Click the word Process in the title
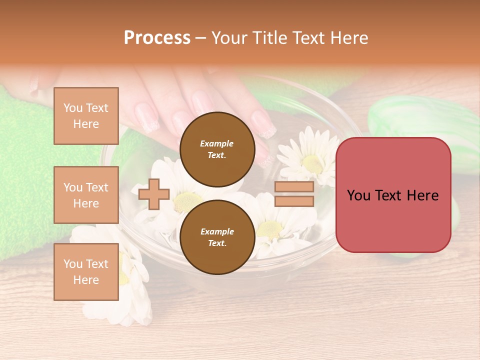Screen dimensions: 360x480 [x=157, y=38]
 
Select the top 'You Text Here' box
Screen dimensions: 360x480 [x=86, y=116]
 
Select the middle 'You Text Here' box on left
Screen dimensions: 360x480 [x=86, y=195]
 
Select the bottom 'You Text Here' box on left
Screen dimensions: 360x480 [x=86, y=272]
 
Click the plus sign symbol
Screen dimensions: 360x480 [x=154, y=194]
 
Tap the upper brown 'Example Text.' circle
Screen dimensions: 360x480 [x=217, y=149]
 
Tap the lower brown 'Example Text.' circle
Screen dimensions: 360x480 [x=217, y=237]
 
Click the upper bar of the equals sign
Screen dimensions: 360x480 [x=294, y=187]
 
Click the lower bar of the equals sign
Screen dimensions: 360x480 [x=294, y=201]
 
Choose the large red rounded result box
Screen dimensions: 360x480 [x=393, y=195]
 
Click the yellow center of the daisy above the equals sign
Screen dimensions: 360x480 [x=312, y=163]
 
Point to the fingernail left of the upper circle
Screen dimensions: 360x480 [x=147, y=118]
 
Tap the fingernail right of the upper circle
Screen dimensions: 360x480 [x=263, y=125]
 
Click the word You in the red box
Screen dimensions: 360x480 [x=359, y=195]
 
